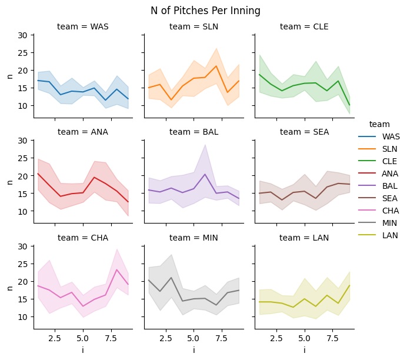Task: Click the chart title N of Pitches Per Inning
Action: pyautogui.click(x=205, y=11)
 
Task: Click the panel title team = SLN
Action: pyautogui.click(x=194, y=26)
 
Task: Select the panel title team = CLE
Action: pyautogui.click(x=304, y=26)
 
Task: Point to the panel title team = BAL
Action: pyautogui.click(x=194, y=132)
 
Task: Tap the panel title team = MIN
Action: pyautogui.click(x=194, y=238)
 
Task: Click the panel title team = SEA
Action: pyautogui.click(x=304, y=132)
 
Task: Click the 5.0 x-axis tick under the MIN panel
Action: pyautogui.click(x=194, y=339)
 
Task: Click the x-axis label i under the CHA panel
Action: pyautogui.click(x=83, y=350)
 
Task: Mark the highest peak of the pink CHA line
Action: pyautogui.click(x=117, y=270)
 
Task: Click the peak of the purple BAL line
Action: pyautogui.click(x=205, y=174)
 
